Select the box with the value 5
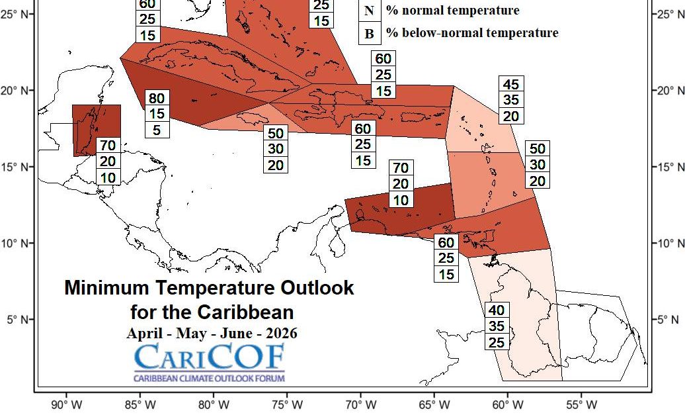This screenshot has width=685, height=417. (x=157, y=130)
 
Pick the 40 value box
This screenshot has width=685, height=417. (x=498, y=310)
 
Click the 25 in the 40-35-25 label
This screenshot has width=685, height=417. (x=498, y=342)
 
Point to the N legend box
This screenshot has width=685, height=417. (x=370, y=11)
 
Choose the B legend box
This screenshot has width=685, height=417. (x=370, y=33)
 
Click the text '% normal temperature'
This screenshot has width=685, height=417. (x=453, y=11)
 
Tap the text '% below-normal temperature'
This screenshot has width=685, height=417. (x=472, y=33)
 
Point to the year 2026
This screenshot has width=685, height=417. (x=278, y=333)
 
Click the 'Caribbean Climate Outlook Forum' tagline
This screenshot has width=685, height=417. (x=209, y=379)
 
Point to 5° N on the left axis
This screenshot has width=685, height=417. (x=17, y=320)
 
